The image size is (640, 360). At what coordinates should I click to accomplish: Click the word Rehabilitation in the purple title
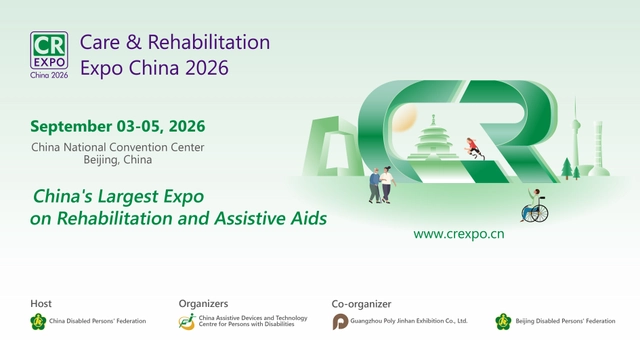(204, 43)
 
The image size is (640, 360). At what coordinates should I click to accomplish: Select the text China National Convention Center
(117, 148)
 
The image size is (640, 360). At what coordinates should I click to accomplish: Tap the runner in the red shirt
(474, 148)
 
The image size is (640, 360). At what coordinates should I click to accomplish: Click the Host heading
(41, 303)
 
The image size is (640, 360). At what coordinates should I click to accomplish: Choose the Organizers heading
(203, 303)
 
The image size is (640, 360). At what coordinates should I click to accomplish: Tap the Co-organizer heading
(361, 303)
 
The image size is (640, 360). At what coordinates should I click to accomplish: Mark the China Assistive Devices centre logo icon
(187, 321)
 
